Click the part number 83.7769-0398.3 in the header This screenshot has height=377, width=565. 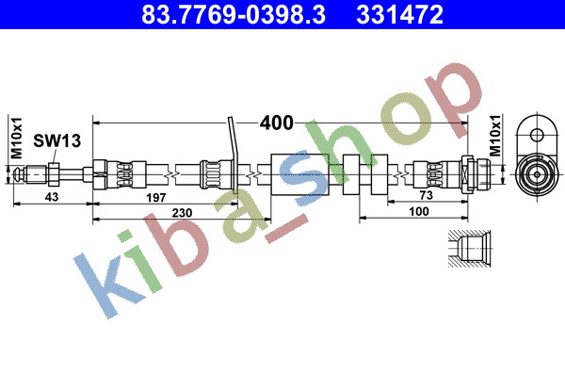234,14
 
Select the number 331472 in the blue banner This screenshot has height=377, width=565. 399,14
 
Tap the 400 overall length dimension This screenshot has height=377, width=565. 276,123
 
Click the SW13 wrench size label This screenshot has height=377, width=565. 56,140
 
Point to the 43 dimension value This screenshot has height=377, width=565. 52,197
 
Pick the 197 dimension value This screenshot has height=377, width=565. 155,197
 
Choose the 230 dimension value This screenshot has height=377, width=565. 182,213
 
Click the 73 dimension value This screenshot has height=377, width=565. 427,195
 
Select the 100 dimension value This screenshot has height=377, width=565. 419,211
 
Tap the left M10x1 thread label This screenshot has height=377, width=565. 17,138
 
